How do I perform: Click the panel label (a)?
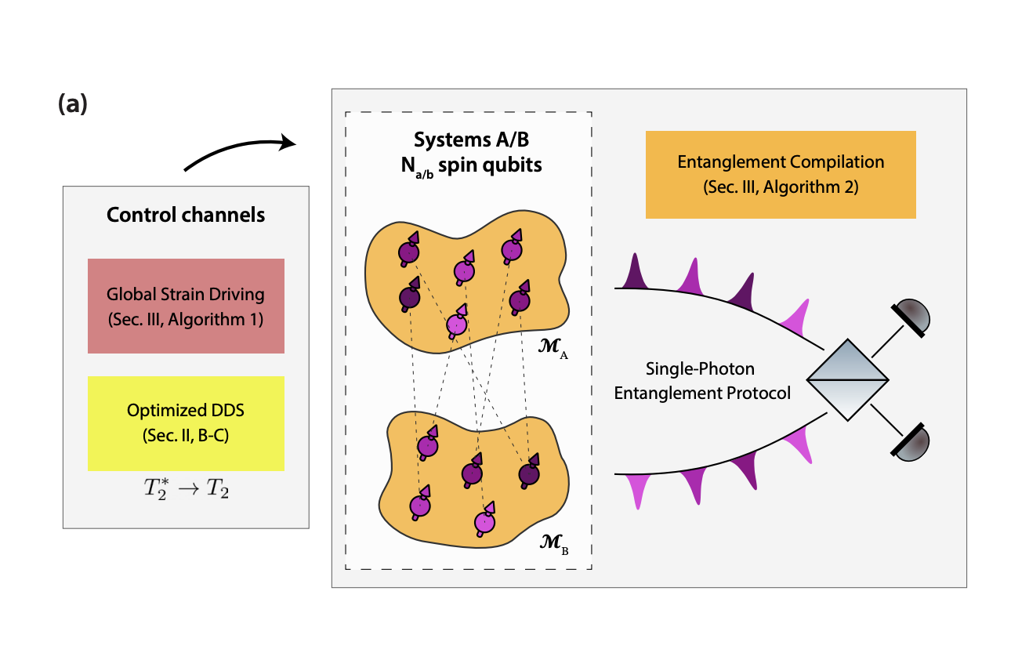pyautogui.click(x=72, y=104)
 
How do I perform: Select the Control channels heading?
pyautogui.click(x=186, y=214)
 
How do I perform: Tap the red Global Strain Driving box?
pyautogui.click(x=186, y=306)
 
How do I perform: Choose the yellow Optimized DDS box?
pyautogui.click(x=186, y=423)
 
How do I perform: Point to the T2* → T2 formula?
pyautogui.click(x=186, y=491)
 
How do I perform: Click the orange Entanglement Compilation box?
pyautogui.click(x=781, y=174)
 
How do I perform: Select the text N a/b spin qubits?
pyautogui.click(x=468, y=165)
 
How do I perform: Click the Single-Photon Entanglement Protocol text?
pyautogui.click(x=702, y=380)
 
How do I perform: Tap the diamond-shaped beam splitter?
pyautogui.click(x=847, y=380)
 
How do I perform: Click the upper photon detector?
pyautogui.click(x=914, y=316)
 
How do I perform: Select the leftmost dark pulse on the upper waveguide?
pyautogui.click(x=635, y=272)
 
